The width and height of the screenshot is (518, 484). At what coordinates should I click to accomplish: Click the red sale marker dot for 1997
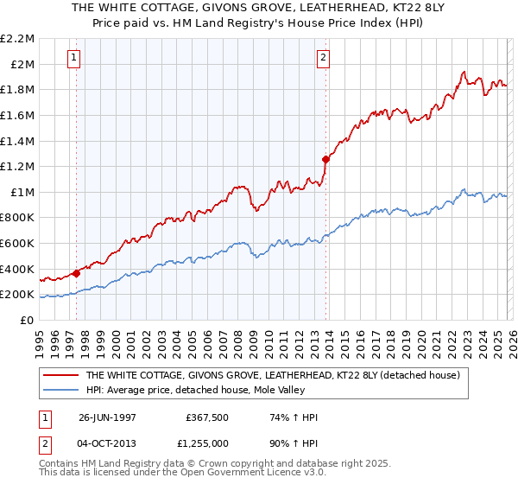[x=77, y=273]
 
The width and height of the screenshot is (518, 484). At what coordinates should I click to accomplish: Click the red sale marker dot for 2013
[x=325, y=159]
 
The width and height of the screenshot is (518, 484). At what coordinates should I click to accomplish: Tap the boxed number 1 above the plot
[x=74, y=58]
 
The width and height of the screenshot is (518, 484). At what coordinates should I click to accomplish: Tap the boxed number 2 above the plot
[x=323, y=58]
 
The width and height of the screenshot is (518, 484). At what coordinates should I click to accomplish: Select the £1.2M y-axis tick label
[x=18, y=166]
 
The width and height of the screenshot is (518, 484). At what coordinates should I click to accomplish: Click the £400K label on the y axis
[x=18, y=269]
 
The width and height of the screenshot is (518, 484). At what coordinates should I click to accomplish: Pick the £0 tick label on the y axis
[x=26, y=320]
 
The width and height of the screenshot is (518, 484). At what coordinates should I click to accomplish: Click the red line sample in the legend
[x=60, y=376]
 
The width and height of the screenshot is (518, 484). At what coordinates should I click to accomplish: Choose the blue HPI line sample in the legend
[x=60, y=390]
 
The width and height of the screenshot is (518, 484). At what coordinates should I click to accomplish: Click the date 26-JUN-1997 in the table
[x=107, y=417]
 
